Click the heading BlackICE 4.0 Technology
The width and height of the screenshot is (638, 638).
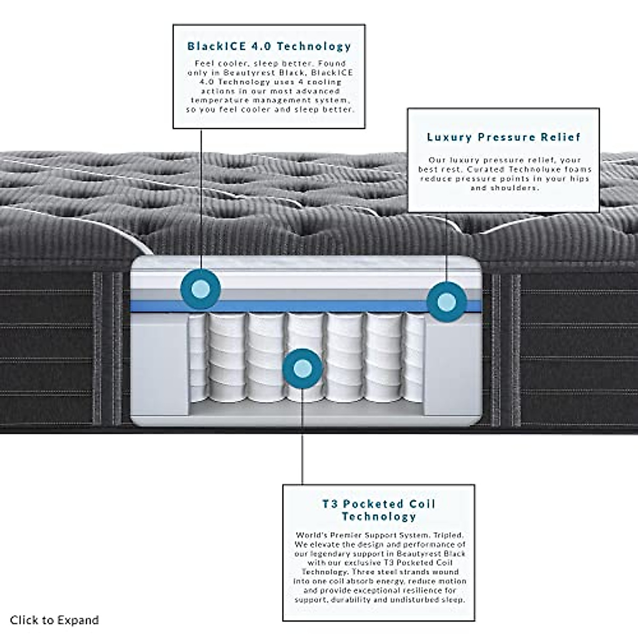269,46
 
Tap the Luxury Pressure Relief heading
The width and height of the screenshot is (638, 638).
503,137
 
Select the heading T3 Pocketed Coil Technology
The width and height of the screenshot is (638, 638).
379,510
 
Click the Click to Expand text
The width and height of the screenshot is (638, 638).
54,620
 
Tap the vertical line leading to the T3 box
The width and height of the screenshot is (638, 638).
303,452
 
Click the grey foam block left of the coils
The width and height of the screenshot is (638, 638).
159,367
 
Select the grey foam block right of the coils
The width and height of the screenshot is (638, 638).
452,367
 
